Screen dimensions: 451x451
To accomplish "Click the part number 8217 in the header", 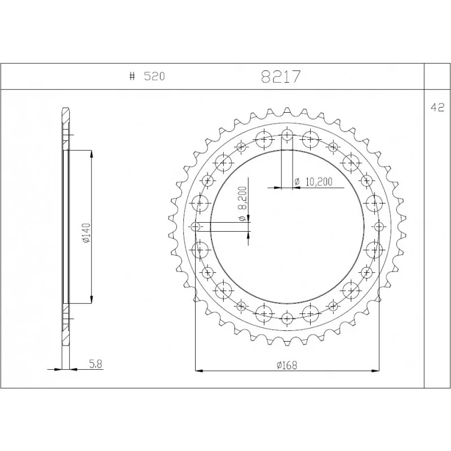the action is (x=281, y=77).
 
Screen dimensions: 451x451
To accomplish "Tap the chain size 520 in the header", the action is (x=154, y=77).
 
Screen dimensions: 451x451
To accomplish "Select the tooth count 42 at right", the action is (x=437, y=107).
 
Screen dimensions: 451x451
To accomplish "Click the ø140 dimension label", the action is (x=86, y=232).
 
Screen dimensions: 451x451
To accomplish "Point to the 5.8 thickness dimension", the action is (x=96, y=364).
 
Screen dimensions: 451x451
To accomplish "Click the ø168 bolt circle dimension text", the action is (x=287, y=365).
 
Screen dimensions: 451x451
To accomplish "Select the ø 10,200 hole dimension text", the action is (x=313, y=182).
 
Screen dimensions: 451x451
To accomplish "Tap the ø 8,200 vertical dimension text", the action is (x=242, y=204).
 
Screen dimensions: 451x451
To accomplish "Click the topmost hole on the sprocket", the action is (x=287, y=134).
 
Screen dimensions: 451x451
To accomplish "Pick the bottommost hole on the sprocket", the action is (x=287, y=319).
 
